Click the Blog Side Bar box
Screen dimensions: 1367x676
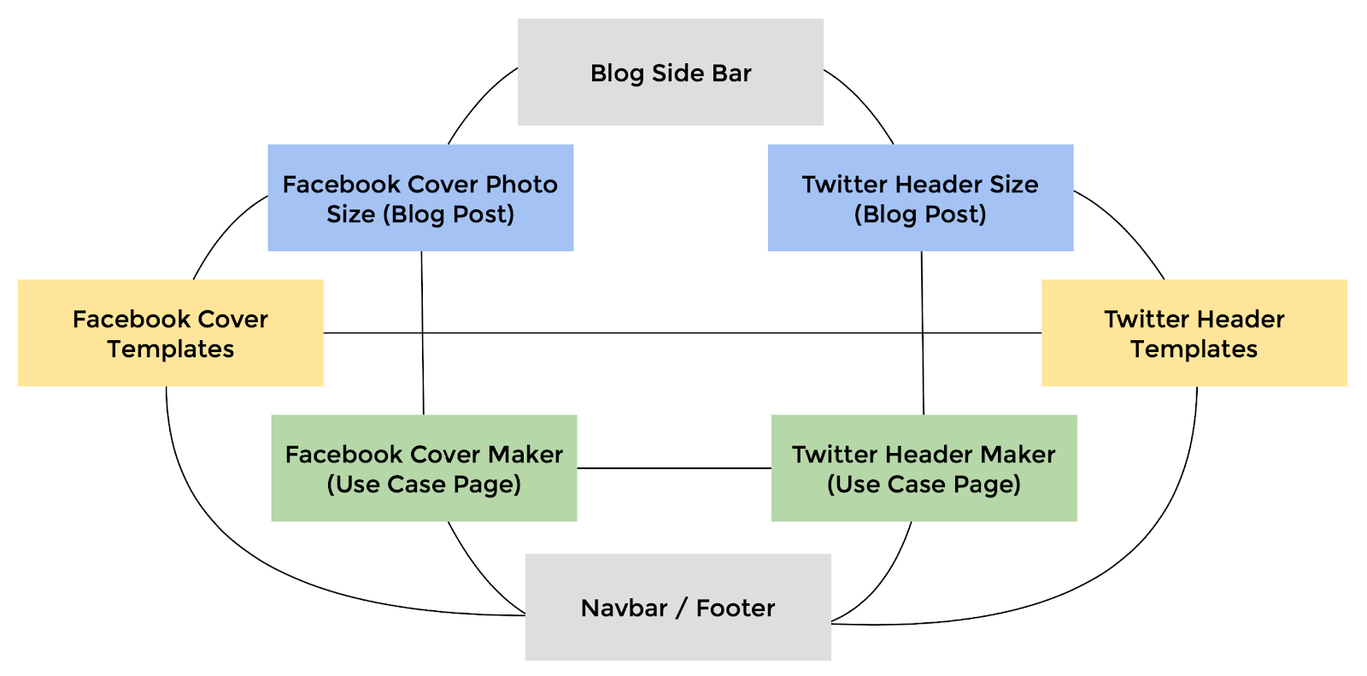click(x=671, y=72)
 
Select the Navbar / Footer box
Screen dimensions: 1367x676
click(x=678, y=607)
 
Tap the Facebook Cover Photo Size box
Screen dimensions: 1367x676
click(x=420, y=198)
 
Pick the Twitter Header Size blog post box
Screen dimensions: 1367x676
click(x=920, y=198)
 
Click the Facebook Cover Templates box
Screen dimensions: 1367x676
click(x=170, y=332)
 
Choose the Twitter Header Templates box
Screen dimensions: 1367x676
click(x=1194, y=332)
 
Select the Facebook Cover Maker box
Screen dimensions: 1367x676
click(x=424, y=468)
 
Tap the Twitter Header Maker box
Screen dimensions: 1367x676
click(x=924, y=468)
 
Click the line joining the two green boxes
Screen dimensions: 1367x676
click(x=674, y=468)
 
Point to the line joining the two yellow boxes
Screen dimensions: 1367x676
click(x=683, y=332)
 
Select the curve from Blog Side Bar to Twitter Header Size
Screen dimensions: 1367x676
click(x=864, y=102)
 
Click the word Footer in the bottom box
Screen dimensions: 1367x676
click(x=736, y=608)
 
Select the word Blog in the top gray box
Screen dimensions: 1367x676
click(x=617, y=73)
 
